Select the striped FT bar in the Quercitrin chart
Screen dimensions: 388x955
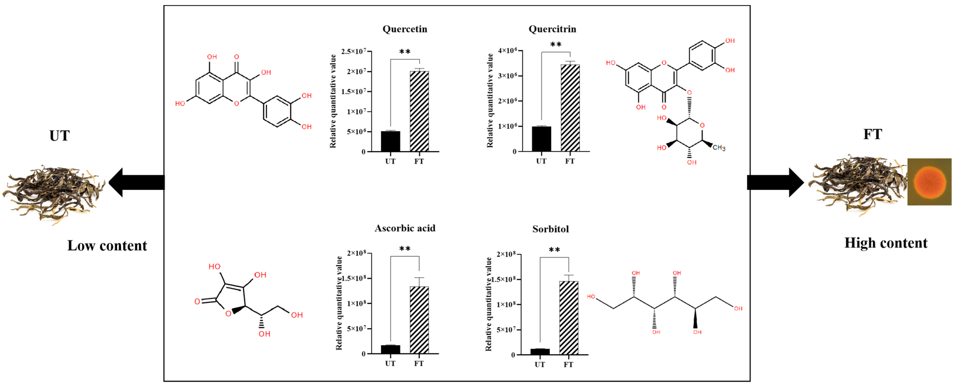[x=570, y=108]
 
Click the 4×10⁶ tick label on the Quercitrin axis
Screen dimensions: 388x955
[x=507, y=50]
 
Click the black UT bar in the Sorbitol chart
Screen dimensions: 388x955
[x=540, y=351]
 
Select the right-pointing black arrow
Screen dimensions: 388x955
[x=775, y=182]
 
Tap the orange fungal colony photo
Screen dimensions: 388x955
[x=929, y=182]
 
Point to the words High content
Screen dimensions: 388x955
[x=886, y=243]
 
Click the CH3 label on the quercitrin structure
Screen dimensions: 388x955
[x=719, y=148]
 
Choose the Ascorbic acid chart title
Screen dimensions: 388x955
[x=405, y=228]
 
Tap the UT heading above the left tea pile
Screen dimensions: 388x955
[x=59, y=136]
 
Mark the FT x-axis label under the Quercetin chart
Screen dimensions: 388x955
[x=419, y=161]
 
